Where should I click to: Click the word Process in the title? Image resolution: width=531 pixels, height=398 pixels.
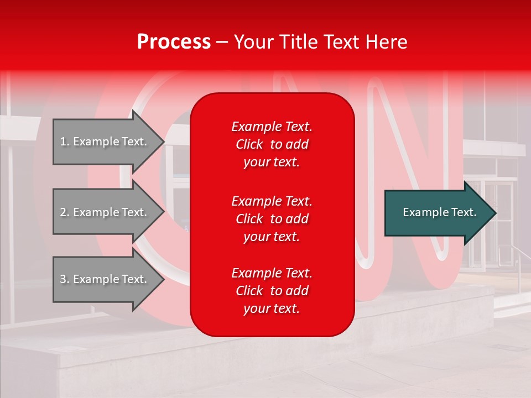pos(174,42)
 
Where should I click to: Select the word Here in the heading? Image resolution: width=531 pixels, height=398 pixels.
pos(387,42)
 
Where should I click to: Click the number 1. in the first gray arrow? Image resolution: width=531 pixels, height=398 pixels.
pos(64,142)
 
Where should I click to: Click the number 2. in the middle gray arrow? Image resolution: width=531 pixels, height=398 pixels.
pos(64,212)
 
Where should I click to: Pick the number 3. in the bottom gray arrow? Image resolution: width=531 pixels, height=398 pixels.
pos(64,279)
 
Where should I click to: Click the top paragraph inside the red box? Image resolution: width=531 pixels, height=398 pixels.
pos(272,144)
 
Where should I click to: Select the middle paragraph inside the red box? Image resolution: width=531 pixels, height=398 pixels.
pos(272,219)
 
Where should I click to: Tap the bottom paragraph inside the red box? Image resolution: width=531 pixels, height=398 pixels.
pos(272,291)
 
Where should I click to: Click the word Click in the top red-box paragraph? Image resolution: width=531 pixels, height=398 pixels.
pos(249,144)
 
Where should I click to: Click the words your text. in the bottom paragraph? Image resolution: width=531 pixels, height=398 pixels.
pos(272,308)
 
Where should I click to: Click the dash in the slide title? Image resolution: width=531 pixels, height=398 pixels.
pos(222,43)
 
